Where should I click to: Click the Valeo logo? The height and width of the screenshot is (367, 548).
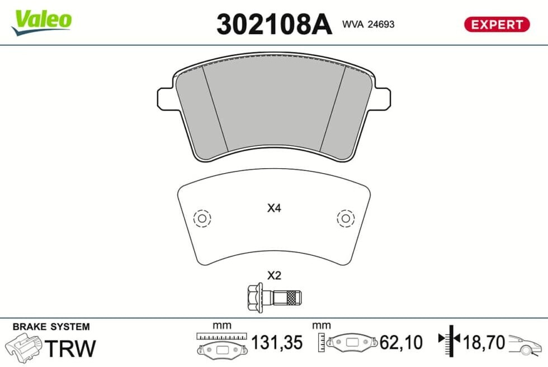pyautogui.click(x=41, y=22)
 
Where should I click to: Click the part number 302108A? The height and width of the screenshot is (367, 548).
pyautogui.click(x=274, y=24)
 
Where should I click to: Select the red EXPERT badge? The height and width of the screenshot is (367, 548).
pyautogui.click(x=497, y=25)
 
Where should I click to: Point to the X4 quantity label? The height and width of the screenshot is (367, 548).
pyautogui.click(x=274, y=208)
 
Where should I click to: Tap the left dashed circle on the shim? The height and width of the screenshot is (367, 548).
pyautogui.click(x=202, y=218)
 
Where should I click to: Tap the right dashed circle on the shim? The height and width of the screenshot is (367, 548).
pyautogui.click(x=346, y=218)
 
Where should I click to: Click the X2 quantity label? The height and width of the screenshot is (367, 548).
pyautogui.click(x=274, y=275)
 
